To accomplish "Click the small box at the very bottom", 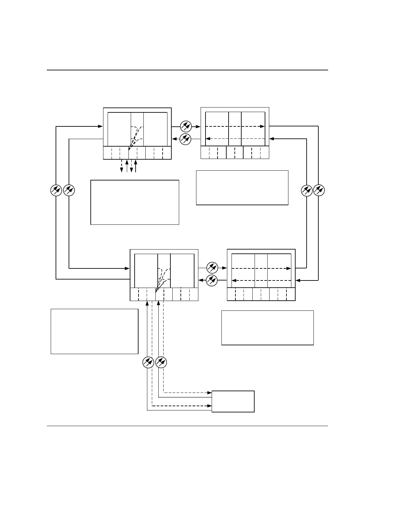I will pyautogui.click(x=233, y=401).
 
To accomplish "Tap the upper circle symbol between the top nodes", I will pyautogui.click(x=186, y=126).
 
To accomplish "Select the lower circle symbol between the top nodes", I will pyautogui.click(x=186, y=139).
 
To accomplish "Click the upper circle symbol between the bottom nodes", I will pyautogui.click(x=212, y=268).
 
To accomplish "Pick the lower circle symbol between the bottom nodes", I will pyautogui.click(x=212, y=280).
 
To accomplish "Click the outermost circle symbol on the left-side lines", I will pyautogui.click(x=56, y=190).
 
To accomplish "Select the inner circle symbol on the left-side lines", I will pyautogui.click(x=69, y=190).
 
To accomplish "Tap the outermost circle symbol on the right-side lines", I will pyautogui.click(x=319, y=190).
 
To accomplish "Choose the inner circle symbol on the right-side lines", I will pyautogui.click(x=307, y=190).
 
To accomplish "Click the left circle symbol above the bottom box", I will pyautogui.click(x=148, y=362).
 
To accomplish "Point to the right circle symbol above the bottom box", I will pyautogui.click(x=161, y=362).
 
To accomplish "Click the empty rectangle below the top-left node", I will pyautogui.click(x=135, y=202).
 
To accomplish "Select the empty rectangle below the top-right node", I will pyautogui.click(x=242, y=187).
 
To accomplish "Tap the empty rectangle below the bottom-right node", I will pyautogui.click(x=267, y=327).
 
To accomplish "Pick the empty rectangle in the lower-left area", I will pyautogui.click(x=94, y=331).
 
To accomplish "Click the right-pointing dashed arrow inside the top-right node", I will pyautogui.click(x=235, y=126).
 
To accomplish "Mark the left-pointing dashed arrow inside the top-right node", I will pyautogui.click(x=235, y=139).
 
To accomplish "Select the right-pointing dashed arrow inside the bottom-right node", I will pyautogui.click(x=261, y=268).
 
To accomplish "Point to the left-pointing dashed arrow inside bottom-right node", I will pyautogui.click(x=261, y=280).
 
